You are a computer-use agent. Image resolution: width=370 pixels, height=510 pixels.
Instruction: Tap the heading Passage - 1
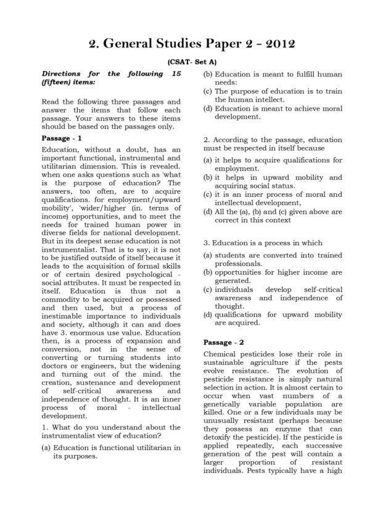61,138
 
